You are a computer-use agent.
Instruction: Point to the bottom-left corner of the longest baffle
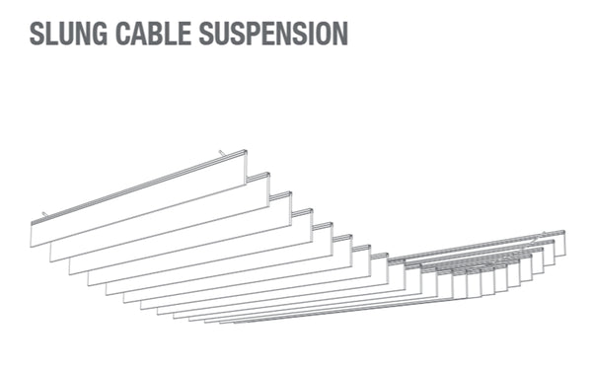33,245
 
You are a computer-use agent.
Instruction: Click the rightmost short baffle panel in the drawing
559,244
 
